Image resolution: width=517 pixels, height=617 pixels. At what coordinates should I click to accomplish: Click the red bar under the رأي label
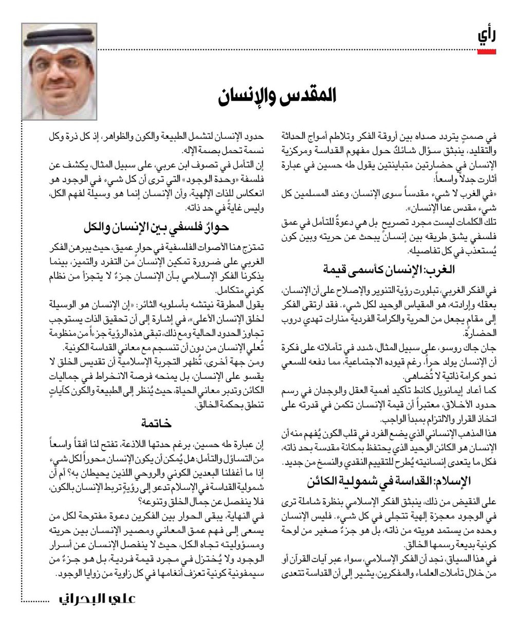point(486,51)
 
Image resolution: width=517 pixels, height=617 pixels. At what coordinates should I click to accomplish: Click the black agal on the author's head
point(60,38)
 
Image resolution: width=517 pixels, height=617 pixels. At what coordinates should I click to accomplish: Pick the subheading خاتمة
point(156,423)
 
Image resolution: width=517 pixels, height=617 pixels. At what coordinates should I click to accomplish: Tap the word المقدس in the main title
point(311,96)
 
